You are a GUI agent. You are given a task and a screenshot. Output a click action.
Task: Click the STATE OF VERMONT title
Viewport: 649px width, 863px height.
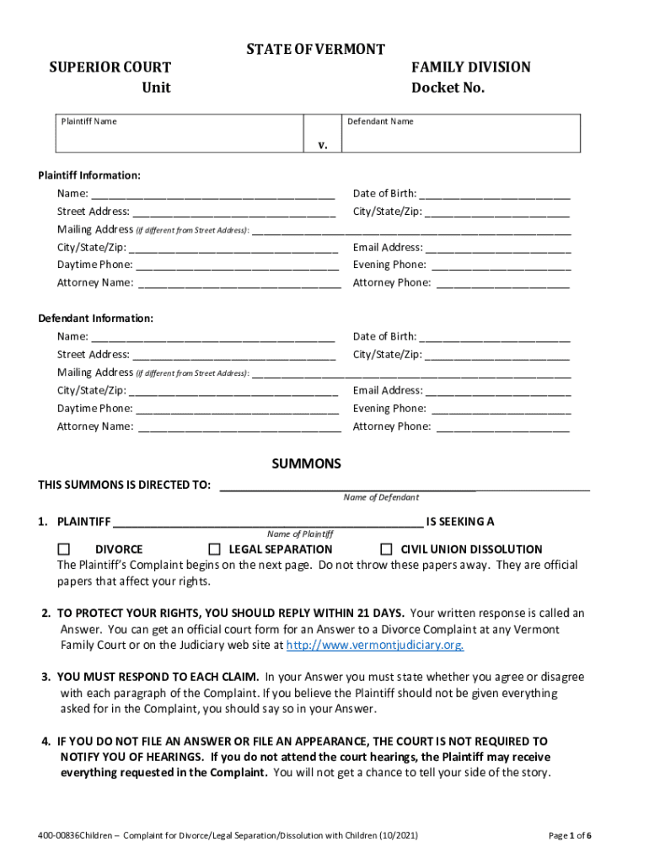(315, 50)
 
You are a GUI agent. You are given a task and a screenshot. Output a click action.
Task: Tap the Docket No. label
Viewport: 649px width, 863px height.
(448, 88)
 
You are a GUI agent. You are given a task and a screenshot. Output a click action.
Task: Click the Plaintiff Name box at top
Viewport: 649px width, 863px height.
(180, 134)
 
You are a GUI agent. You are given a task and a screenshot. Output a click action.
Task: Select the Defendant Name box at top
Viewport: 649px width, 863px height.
(461, 134)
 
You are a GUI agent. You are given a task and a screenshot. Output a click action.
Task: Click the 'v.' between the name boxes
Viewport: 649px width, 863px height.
(323, 144)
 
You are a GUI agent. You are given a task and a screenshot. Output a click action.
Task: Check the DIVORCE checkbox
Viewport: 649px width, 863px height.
(64, 549)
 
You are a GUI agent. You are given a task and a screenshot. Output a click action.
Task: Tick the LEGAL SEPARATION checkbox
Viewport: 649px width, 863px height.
(214, 549)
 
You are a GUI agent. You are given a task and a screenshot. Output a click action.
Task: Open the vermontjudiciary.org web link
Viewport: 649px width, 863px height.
(375, 646)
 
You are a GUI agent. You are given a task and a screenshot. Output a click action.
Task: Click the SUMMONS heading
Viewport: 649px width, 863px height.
(306, 464)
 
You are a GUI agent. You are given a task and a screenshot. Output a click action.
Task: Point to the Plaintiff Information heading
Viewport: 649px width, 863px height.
(89, 175)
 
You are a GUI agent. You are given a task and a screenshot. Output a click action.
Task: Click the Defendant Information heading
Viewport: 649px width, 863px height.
(95, 319)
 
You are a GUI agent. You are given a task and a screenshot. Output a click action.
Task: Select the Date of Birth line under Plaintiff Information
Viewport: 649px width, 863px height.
(494, 195)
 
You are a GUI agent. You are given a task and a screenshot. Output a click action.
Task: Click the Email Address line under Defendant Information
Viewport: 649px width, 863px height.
(498, 391)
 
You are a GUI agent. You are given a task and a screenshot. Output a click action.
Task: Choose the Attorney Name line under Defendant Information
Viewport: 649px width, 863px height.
(239, 427)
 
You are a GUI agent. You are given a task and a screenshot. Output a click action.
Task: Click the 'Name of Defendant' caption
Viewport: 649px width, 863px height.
(381, 497)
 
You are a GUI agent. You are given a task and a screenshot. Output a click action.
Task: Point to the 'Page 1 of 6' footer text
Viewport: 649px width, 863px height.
(569, 835)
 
